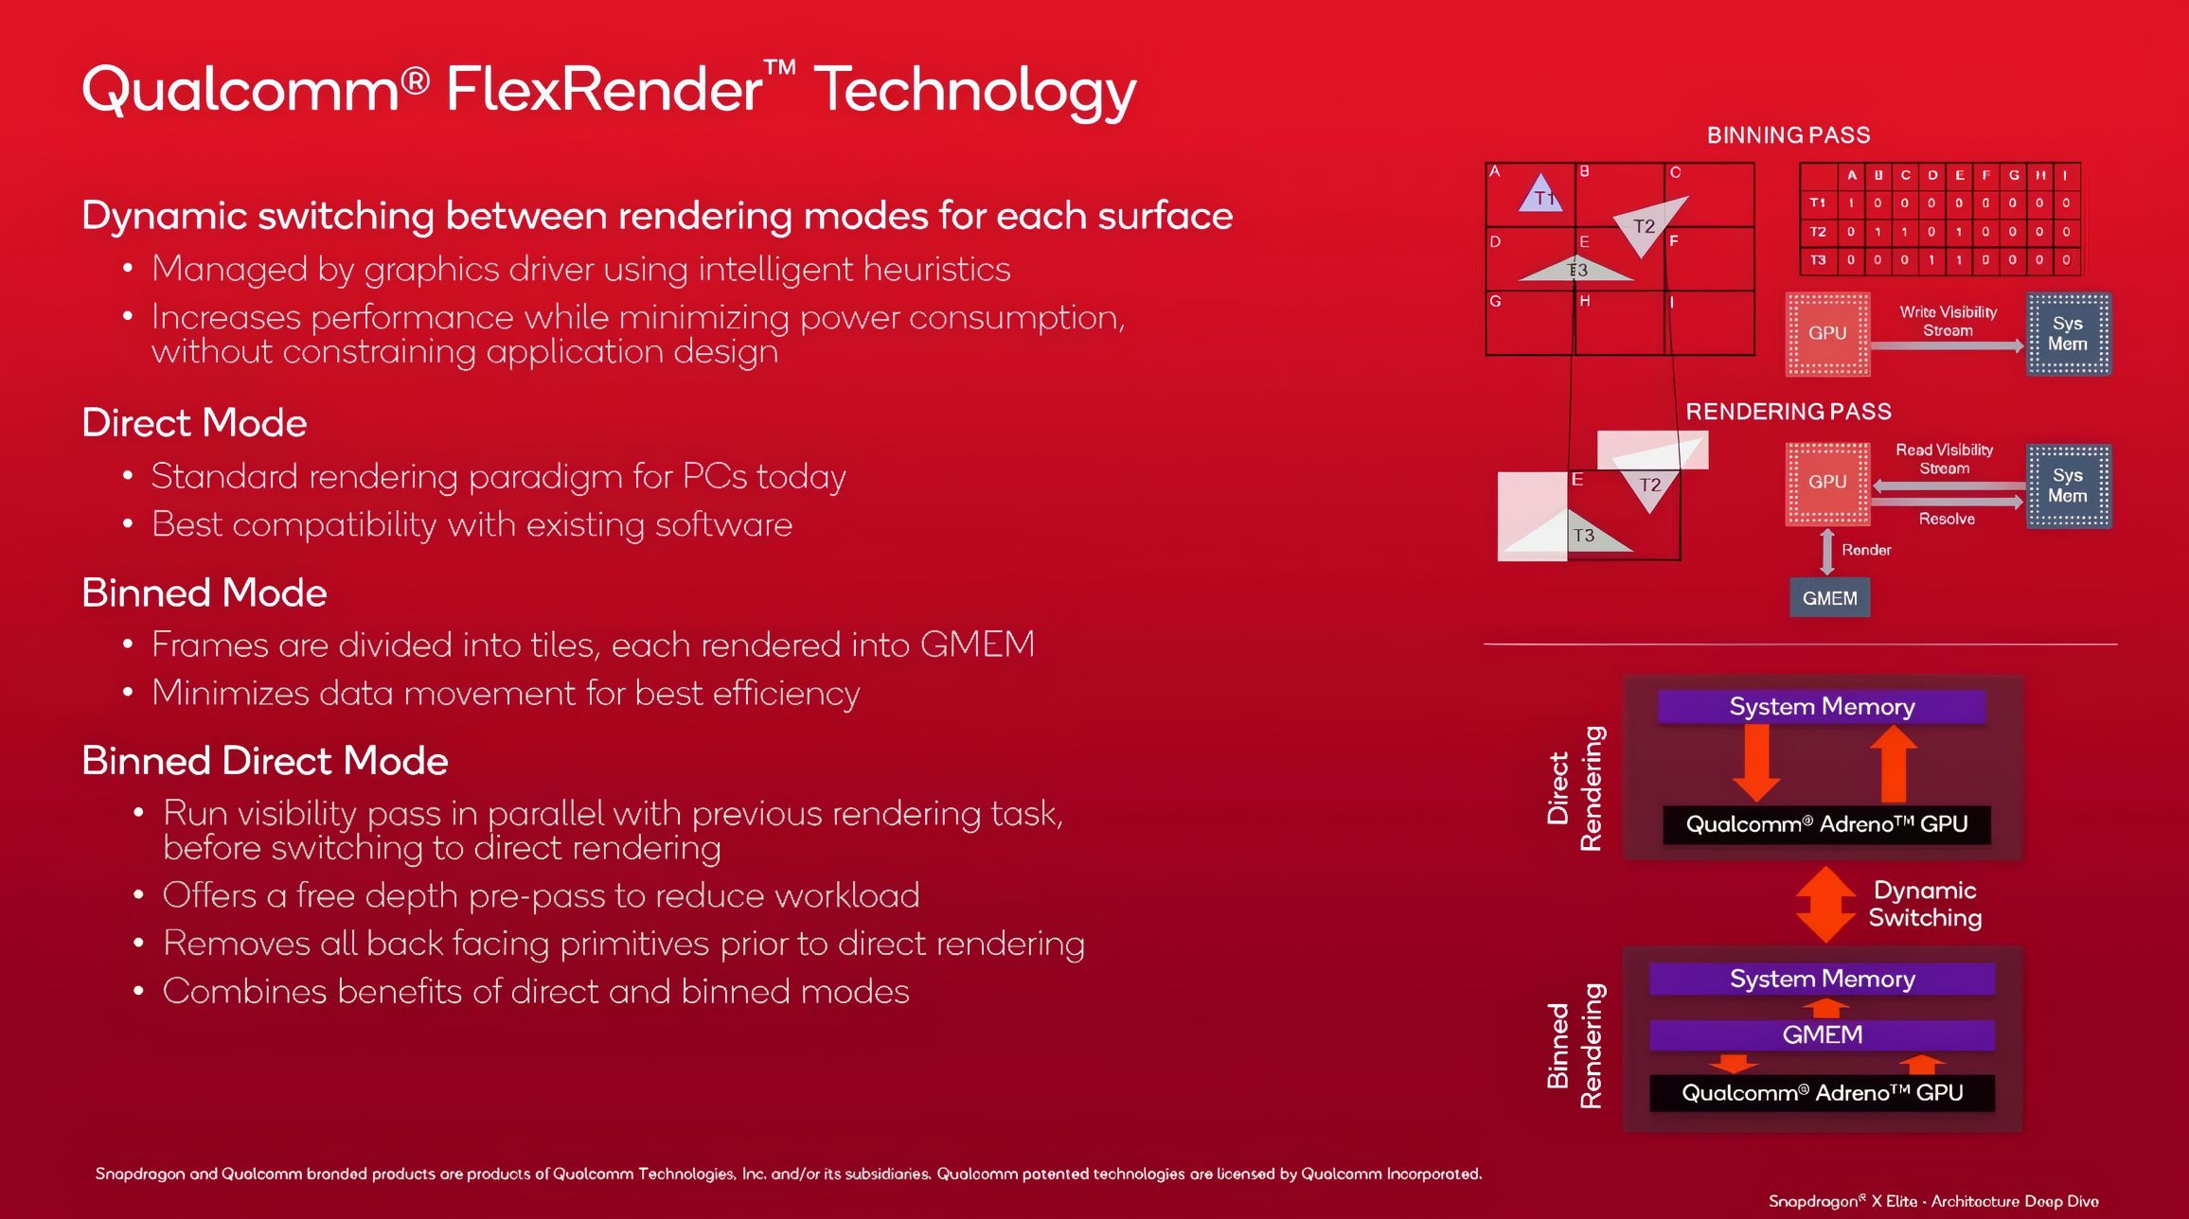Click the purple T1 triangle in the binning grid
pyautogui.click(x=1540, y=195)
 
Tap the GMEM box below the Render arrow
pyautogui.click(x=1829, y=598)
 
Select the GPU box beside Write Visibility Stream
pyautogui.click(x=1827, y=333)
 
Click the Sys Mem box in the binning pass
pyautogui.click(x=2068, y=334)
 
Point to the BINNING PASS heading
pyautogui.click(x=1789, y=135)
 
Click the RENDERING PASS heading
pyautogui.click(x=1789, y=412)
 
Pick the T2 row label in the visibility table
pyautogui.click(x=1818, y=231)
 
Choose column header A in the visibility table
pyautogui.click(x=1852, y=175)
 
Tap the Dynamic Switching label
pyautogui.click(x=1925, y=904)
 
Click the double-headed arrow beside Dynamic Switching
pyautogui.click(x=1825, y=904)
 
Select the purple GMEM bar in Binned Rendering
pyautogui.click(x=1822, y=1034)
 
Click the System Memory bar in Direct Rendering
pyautogui.click(x=1822, y=706)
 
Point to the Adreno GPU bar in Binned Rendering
pyautogui.click(x=1822, y=1093)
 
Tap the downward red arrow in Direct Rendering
pyautogui.click(x=1756, y=763)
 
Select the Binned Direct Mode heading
pyautogui.click(x=265, y=761)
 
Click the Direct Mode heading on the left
pyautogui.click(x=195, y=423)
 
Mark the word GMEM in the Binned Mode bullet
pyautogui.click(x=977, y=645)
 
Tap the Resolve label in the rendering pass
pyautogui.click(x=1947, y=519)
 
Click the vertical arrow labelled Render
pyautogui.click(x=1827, y=552)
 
